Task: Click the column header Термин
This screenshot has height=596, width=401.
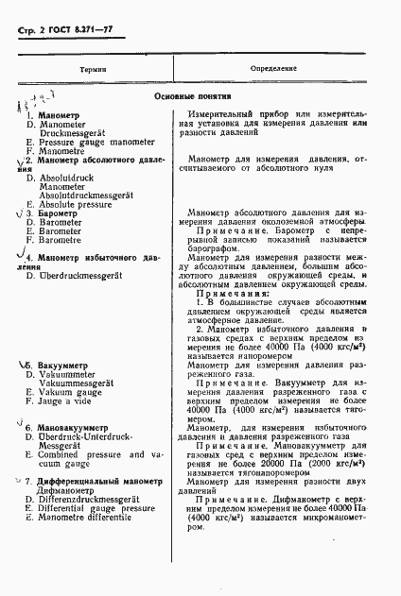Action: click(x=93, y=70)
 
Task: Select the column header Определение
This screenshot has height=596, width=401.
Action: click(x=274, y=70)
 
